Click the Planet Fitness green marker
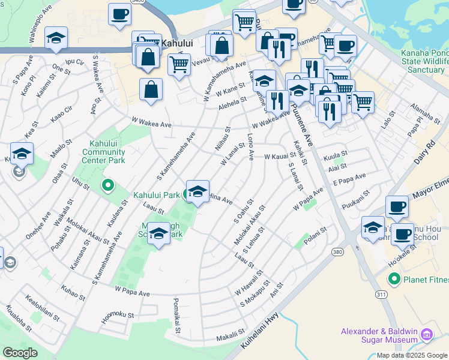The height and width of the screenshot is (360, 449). pyautogui.click(x=394, y=278)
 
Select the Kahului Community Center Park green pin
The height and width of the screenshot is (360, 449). pyautogui.click(x=108, y=185)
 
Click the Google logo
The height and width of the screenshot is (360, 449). pyautogui.click(x=20, y=353)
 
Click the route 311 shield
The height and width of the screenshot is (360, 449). pyautogui.click(x=382, y=295)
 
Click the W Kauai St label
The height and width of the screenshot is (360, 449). pyautogui.click(x=281, y=156)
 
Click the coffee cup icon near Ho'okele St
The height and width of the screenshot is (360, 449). pyautogui.click(x=403, y=233)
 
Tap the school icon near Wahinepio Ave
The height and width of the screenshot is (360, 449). pyautogui.click(x=56, y=38)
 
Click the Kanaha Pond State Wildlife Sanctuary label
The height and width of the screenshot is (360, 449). pyautogui.click(x=424, y=62)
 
